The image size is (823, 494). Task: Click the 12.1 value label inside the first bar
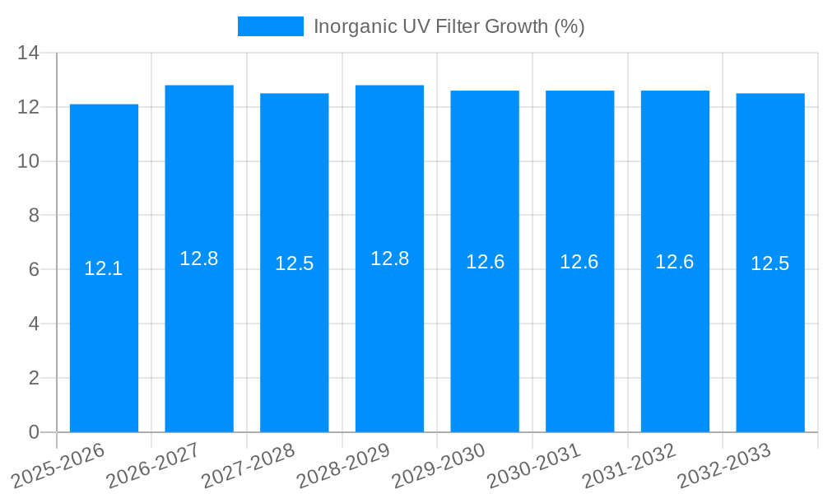pyautogui.click(x=104, y=268)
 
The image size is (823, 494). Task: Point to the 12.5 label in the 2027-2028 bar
pyautogui.click(x=295, y=263)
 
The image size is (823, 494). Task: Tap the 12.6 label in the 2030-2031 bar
pyautogui.click(x=579, y=262)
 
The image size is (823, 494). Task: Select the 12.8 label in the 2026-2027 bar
pyautogui.click(x=199, y=259)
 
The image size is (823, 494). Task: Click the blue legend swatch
pyautogui.click(x=270, y=26)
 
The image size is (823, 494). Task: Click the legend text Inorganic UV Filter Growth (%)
pyautogui.click(x=449, y=26)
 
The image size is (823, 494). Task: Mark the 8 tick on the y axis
pyautogui.click(x=34, y=216)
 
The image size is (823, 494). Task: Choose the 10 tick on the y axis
pyautogui.click(x=29, y=161)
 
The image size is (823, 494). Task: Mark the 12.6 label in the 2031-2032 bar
pyautogui.click(x=675, y=262)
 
